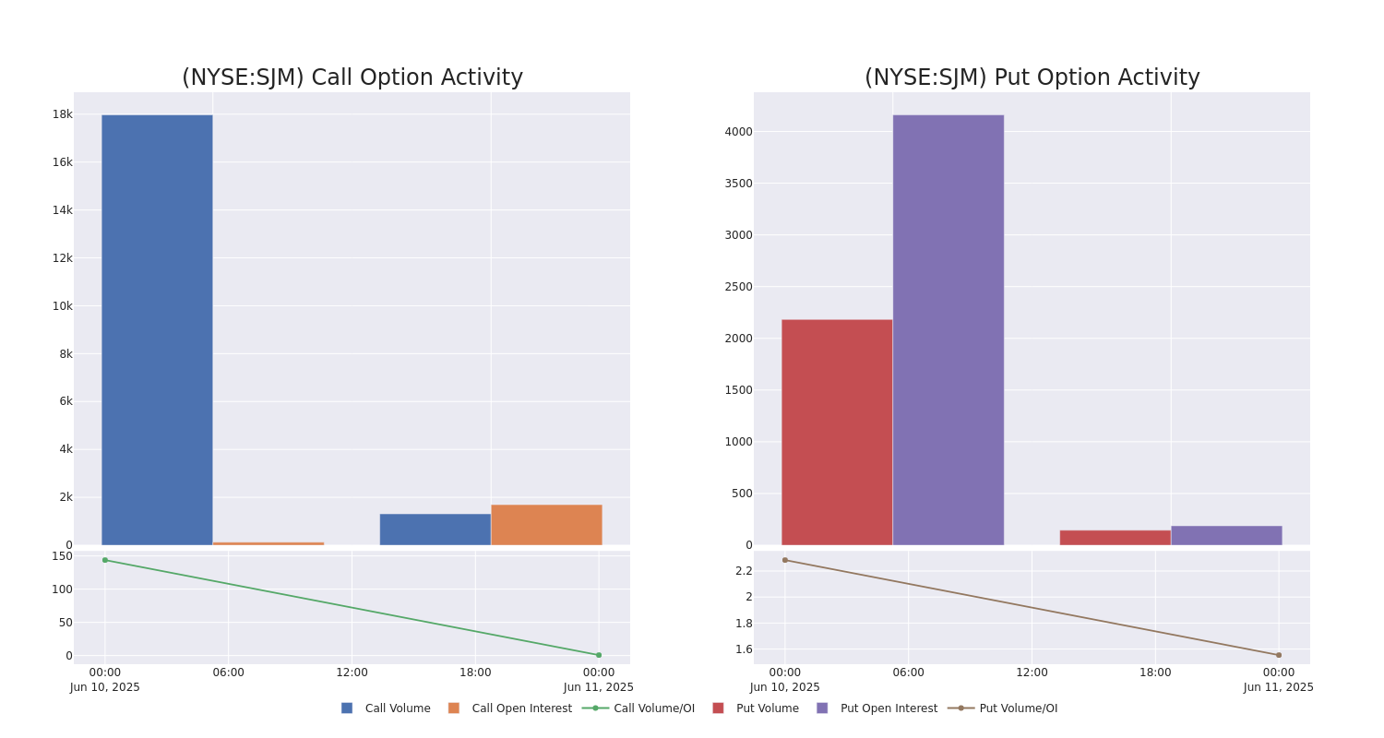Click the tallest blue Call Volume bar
(157, 329)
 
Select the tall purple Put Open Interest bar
(949, 329)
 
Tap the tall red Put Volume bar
(837, 433)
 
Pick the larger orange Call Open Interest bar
(547, 525)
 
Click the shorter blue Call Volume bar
(435, 530)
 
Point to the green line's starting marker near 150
(105, 560)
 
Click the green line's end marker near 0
(599, 655)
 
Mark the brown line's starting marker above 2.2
(785, 560)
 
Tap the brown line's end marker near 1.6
(1279, 655)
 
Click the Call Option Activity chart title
(352, 77)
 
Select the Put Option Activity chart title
(1032, 77)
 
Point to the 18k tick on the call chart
(63, 114)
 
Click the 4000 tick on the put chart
(738, 132)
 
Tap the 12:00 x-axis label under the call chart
(352, 673)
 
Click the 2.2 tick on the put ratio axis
(744, 571)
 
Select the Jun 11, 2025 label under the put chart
(1279, 687)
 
